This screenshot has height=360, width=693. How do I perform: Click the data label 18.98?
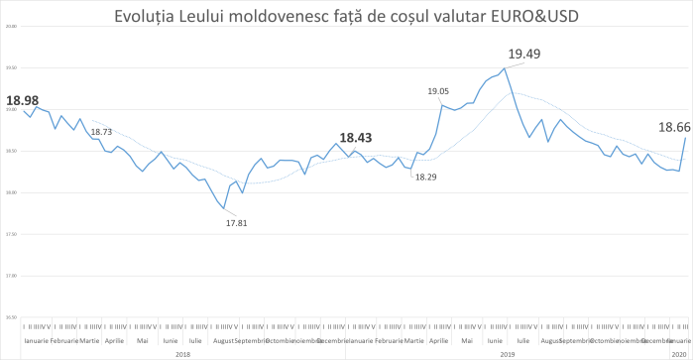tap(22, 100)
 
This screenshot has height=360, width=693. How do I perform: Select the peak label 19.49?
tap(525, 55)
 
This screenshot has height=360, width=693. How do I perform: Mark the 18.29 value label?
tap(425, 177)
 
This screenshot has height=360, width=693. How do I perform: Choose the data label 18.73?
tap(101, 131)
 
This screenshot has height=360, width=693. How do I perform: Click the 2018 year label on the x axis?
tap(182, 353)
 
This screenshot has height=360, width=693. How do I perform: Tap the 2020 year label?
tap(679, 353)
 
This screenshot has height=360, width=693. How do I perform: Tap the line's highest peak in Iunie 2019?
tap(505, 68)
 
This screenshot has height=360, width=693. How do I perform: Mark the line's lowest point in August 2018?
tap(225, 208)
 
